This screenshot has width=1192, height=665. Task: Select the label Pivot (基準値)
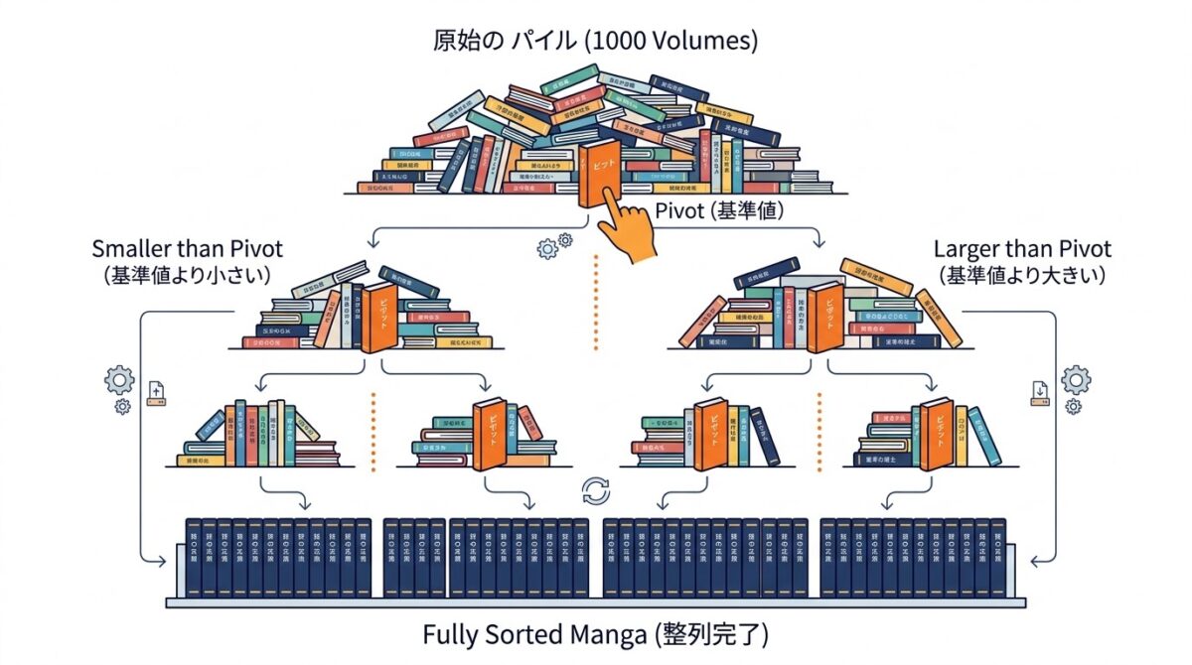coord(708,211)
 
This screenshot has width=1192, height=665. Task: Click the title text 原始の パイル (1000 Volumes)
coord(596,42)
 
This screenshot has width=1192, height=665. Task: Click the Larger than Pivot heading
coord(1022,248)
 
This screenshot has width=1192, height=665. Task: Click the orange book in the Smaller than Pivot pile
coord(379,317)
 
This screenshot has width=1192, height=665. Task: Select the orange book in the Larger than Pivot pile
coord(824,317)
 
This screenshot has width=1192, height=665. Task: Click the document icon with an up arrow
coord(156,393)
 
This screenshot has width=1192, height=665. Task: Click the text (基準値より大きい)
coord(1022,274)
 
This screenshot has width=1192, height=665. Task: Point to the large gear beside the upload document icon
coord(119,379)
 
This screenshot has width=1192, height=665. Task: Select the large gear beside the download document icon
coord(1075,379)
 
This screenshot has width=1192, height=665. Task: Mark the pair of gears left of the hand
coord(553,245)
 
